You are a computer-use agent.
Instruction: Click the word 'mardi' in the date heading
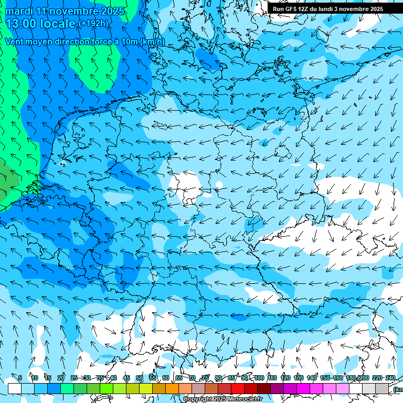[20, 10]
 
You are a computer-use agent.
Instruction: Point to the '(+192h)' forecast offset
[93, 24]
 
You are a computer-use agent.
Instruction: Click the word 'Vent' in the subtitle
[15, 41]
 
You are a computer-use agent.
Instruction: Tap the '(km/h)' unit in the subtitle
[152, 41]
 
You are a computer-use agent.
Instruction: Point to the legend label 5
[20, 378]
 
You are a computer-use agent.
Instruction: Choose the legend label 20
[61, 378]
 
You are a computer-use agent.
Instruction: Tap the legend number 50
[140, 378]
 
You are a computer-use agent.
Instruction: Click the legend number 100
[259, 378]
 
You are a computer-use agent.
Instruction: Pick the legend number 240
[390, 378]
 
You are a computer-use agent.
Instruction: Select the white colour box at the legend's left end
[14, 388]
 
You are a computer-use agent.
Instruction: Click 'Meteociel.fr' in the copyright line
[246, 399]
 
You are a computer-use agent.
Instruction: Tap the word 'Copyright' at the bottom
[196, 399]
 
